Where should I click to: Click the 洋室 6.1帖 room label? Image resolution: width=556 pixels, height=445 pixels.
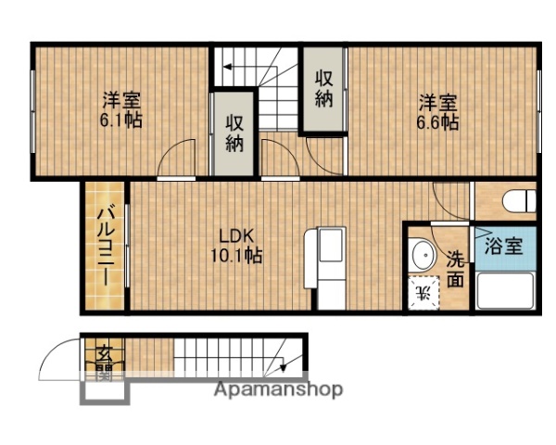tap(121, 109)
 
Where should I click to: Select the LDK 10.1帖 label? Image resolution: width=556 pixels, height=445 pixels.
tap(239, 245)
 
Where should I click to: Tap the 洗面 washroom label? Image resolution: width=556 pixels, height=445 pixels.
tap(455, 269)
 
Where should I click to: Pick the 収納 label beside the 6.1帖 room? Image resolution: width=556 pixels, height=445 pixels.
tap(234, 133)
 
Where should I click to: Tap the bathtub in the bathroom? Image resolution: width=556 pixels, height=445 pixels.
tap(504, 291)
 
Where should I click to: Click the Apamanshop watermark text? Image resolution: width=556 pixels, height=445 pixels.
tap(278, 389)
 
